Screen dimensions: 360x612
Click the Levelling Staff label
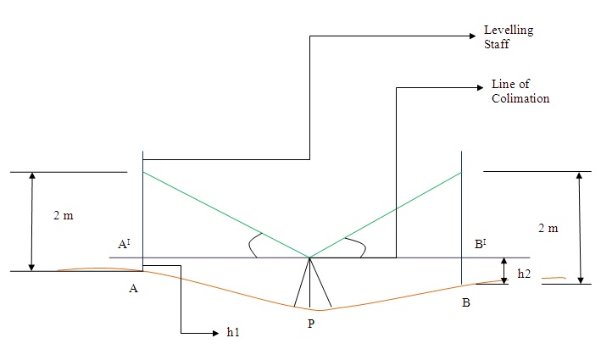pos(508,36)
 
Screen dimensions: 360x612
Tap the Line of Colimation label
pos(520,91)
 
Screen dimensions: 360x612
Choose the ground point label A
pos(133,288)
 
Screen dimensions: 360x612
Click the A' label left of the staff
pos(124,245)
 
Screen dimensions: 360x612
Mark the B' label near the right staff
pos(481,245)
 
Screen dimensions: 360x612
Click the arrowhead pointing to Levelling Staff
pos(472,36)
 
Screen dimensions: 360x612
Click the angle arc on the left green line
pos(252,244)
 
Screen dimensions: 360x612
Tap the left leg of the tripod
pos(298,284)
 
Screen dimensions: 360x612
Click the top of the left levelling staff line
pos(143,153)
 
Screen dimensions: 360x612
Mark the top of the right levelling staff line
pos(461,152)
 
